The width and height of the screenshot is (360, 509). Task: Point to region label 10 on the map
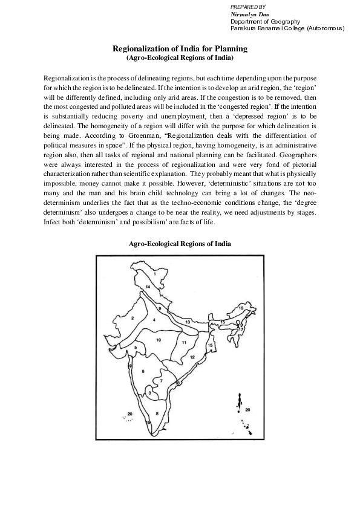click(159, 340)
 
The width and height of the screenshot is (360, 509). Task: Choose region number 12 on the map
click(192, 357)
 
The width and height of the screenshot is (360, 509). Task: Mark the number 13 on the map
click(188, 322)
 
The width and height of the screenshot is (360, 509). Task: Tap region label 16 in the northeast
click(240, 308)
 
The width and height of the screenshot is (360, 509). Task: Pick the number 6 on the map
click(143, 371)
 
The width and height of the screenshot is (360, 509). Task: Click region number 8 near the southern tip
click(157, 413)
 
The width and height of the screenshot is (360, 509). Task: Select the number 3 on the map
click(150, 393)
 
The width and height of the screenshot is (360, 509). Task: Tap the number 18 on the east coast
click(178, 383)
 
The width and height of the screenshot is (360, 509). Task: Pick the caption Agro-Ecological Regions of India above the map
click(180, 244)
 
